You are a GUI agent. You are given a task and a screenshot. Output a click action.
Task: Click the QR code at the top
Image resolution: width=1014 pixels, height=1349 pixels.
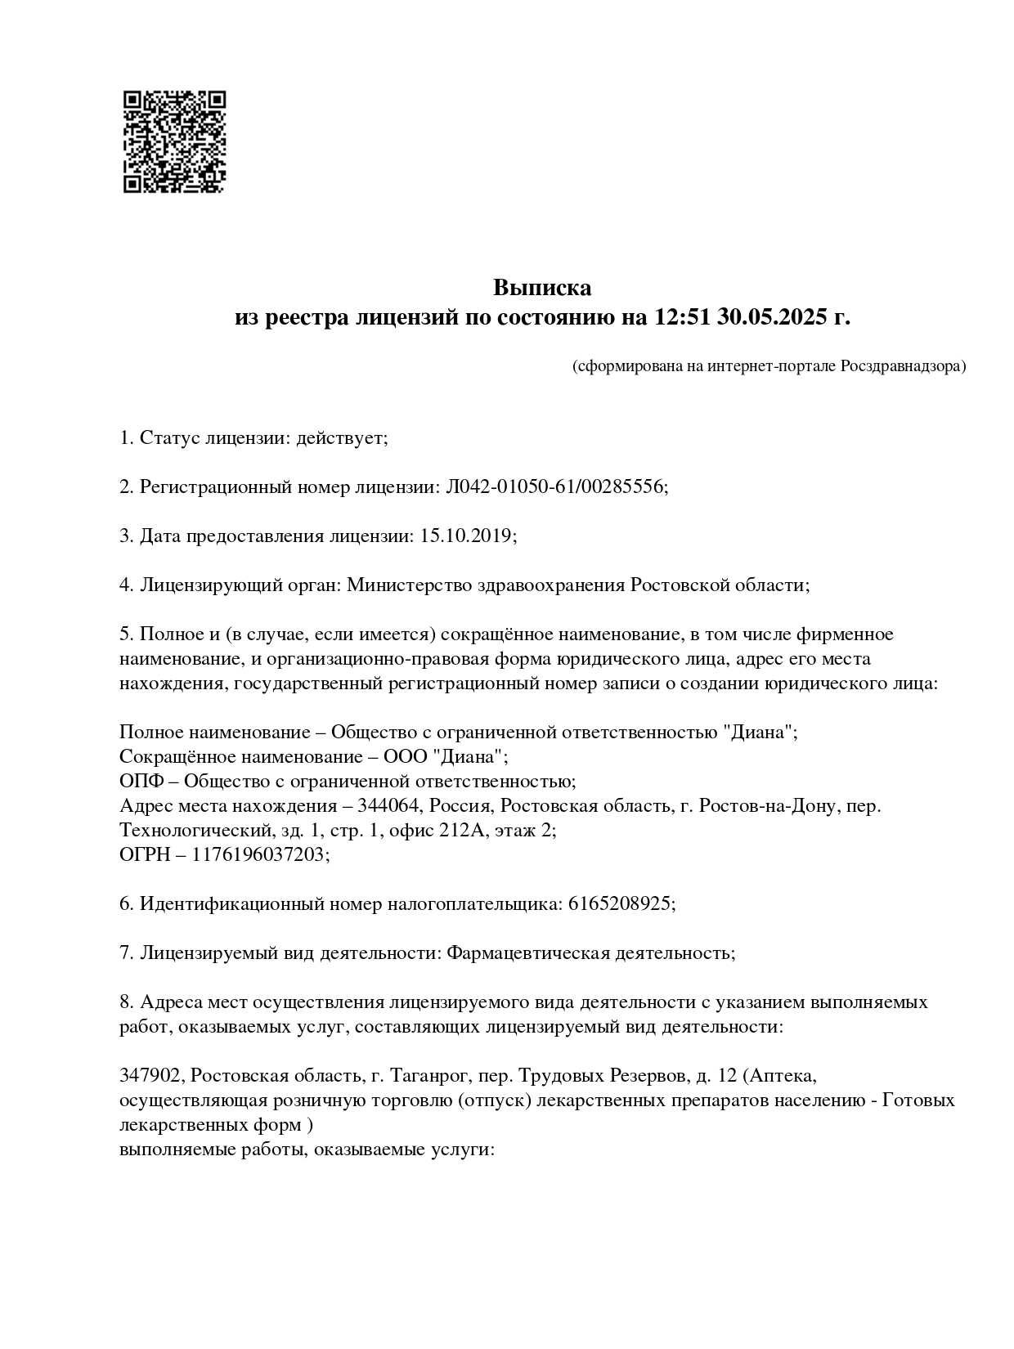pos(174,141)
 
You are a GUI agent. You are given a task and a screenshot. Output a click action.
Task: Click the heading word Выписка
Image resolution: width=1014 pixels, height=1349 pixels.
pos(541,288)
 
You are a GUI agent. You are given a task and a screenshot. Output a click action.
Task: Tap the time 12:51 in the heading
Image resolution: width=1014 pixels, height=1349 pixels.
pos(683,317)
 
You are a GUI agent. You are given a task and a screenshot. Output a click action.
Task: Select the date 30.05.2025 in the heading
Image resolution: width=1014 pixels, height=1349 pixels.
pos(773,317)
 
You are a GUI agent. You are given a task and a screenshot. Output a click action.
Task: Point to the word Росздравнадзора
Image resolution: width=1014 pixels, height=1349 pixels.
pos(903,366)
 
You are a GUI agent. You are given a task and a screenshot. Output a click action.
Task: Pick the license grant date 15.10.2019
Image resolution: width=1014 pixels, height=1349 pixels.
pos(466,536)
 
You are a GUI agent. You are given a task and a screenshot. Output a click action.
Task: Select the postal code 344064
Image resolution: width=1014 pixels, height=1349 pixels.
pos(388,805)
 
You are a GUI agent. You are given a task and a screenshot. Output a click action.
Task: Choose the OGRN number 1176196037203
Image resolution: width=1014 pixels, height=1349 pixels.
pos(260,854)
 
